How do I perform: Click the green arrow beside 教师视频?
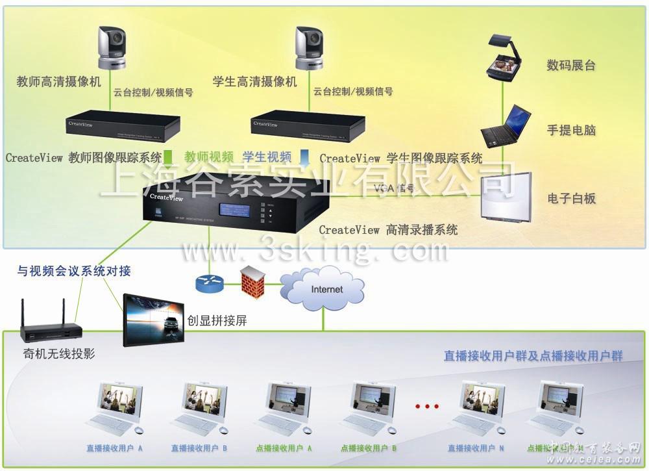click(168, 157)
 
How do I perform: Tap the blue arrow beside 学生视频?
click(304, 157)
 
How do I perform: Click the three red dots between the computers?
click(426, 407)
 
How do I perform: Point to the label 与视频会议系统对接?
click(74, 271)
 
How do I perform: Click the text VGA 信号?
click(393, 189)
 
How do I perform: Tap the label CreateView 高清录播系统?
click(388, 229)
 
